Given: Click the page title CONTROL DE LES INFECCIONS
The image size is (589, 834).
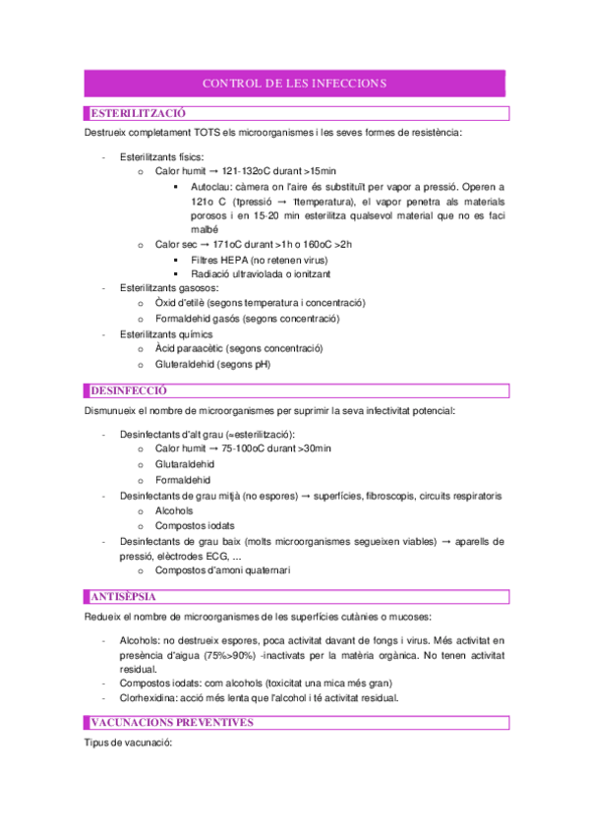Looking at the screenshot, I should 294,83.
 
